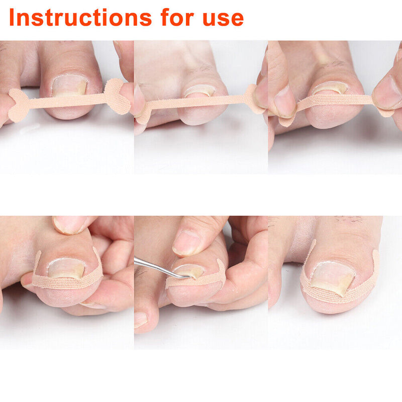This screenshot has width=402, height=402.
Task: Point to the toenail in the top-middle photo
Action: (199, 91)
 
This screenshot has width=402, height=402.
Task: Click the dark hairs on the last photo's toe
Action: (349, 220)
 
